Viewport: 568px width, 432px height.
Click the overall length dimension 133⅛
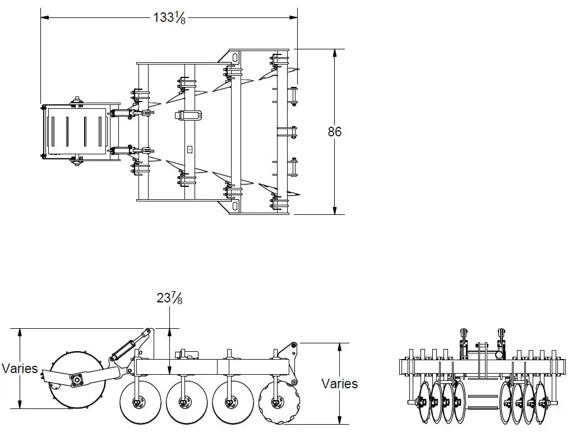click(169, 17)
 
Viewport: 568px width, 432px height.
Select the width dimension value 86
click(335, 132)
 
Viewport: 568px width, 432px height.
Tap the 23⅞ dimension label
click(169, 298)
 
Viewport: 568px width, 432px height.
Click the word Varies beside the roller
click(20, 369)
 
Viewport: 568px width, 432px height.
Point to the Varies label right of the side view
click(339, 384)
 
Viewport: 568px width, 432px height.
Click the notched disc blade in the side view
click(279, 403)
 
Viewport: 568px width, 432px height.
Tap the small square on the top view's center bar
click(190, 150)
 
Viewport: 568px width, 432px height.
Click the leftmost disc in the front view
click(424, 402)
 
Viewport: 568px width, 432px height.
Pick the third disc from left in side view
click(231, 402)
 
